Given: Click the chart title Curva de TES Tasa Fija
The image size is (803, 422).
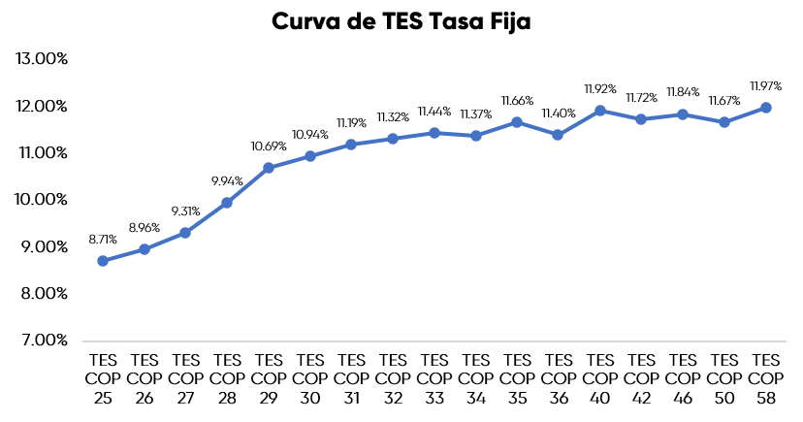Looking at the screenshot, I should (x=401, y=22).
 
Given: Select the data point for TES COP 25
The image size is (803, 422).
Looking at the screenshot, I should (x=103, y=261).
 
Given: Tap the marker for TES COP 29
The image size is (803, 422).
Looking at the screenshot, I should (x=269, y=168).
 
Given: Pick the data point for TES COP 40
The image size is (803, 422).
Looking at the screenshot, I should (x=600, y=111).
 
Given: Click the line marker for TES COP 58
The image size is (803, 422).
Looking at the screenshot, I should (x=765, y=108).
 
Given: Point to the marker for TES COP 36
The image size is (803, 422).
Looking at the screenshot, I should (x=559, y=135).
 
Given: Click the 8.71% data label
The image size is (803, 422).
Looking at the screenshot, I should (x=102, y=239).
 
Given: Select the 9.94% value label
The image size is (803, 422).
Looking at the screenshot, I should (x=226, y=180).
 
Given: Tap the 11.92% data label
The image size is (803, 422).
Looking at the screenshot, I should (x=600, y=88).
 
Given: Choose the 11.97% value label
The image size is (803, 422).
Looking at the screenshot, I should (x=765, y=85).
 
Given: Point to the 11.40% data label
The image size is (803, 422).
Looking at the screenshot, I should (x=559, y=113).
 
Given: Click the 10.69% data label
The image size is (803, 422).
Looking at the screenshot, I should (x=269, y=146).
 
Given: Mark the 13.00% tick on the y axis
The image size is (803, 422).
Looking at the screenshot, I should (x=43, y=58).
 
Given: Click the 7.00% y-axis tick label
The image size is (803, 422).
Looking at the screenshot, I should (x=45, y=341).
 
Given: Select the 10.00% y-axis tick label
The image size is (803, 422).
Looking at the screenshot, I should (x=43, y=200).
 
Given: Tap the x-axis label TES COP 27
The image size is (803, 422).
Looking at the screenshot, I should (x=185, y=377).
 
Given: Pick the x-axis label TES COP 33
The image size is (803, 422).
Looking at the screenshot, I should (x=434, y=377).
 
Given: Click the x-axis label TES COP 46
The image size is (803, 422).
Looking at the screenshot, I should (x=683, y=377).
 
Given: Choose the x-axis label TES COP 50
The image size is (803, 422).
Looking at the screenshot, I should (x=724, y=377).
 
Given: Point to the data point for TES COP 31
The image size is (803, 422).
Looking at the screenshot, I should (x=351, y=145).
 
